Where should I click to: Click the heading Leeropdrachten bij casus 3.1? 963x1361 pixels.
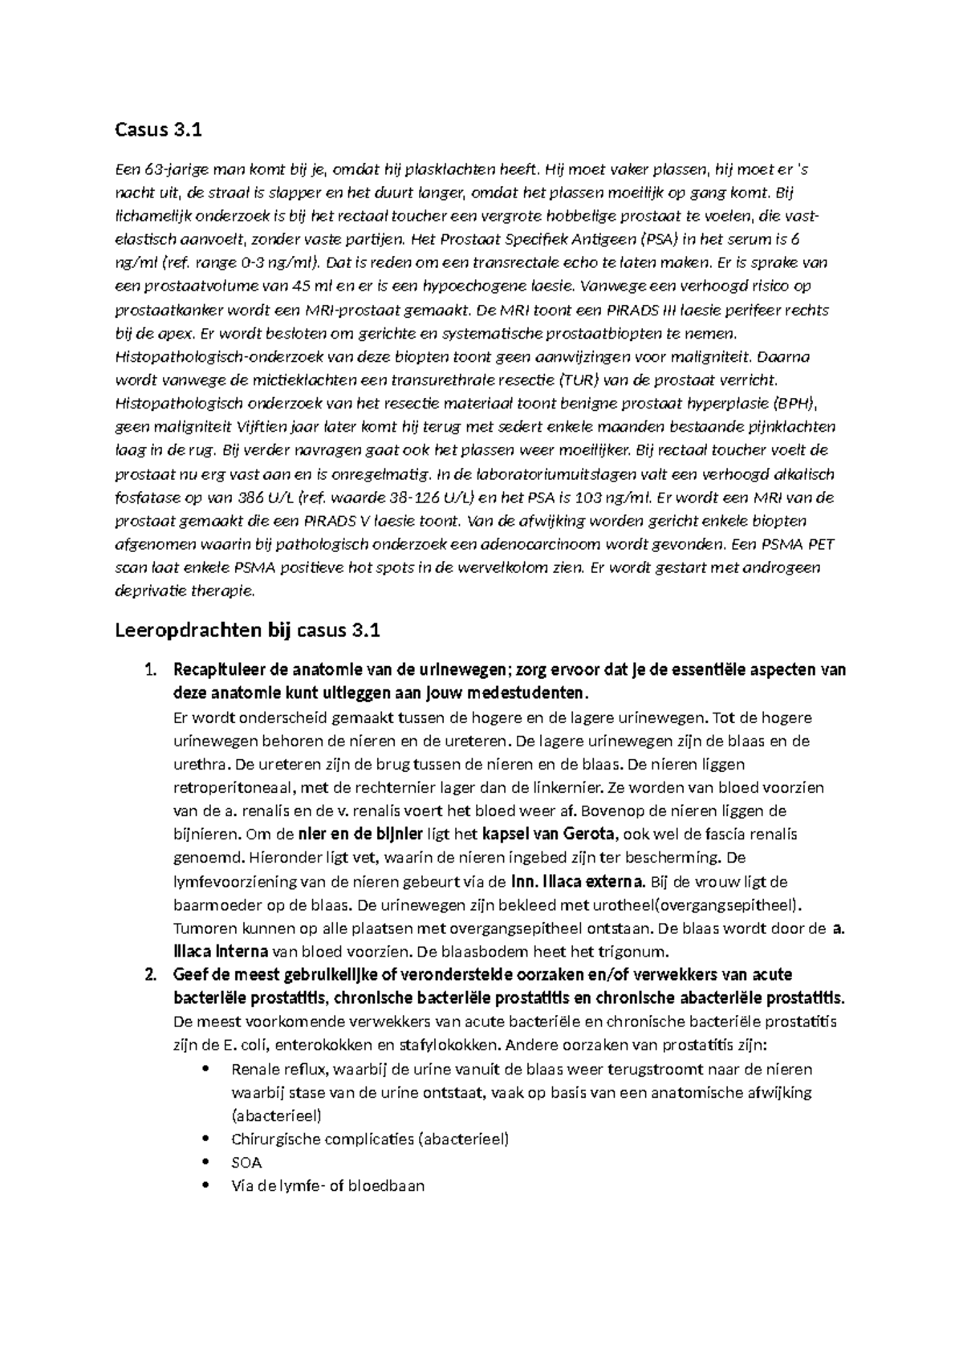(247, 631)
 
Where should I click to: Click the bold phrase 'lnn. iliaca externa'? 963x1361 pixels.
(577, 881)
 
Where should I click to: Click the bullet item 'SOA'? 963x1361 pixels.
(246, 1162)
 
